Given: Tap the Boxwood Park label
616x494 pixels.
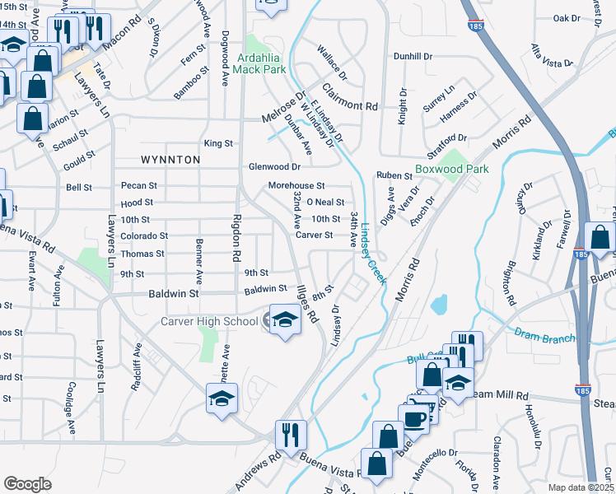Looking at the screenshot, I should [x=451, y=169].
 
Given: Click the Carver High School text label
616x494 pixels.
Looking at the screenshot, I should [x=209, y=321].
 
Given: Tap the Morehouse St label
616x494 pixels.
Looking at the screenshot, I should [x=296, y=186].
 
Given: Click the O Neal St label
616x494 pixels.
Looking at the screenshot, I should [x=324, y=202].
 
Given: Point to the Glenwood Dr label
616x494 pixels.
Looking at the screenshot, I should [x=274, y=167].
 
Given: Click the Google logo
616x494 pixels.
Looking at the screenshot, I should [x=27, y=484].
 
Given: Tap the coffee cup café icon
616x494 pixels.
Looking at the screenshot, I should [x=414, y=417].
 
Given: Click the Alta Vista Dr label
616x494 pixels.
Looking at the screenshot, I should [x=551, y=55].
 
